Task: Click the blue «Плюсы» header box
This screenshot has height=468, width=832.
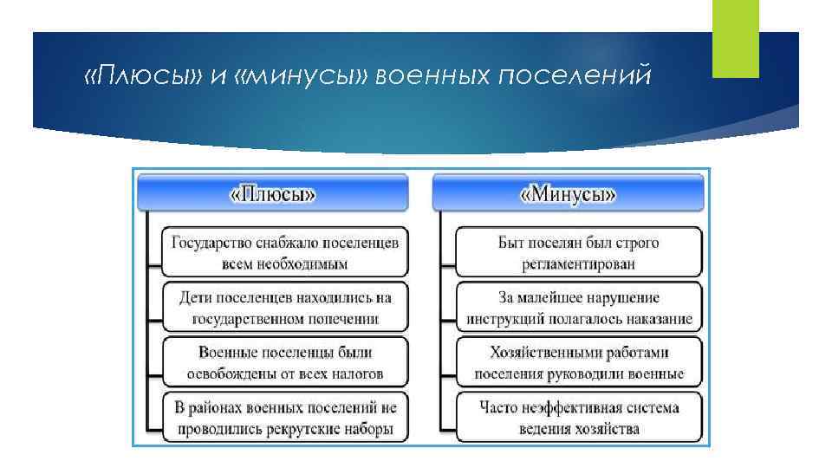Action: pyautogui.click(x=272, y=193)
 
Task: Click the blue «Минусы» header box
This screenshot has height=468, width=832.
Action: pyautogui.click(x=568, y=193)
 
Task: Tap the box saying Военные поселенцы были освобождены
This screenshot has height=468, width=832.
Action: pyautogui.click(x=285, y=363)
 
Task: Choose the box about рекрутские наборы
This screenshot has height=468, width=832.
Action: pyautogui.click(x=285, y=418)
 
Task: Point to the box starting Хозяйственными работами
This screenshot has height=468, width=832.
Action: pyautogui.click(x=579, y=363)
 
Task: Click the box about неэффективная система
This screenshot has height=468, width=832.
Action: pyautogui.click(x=579, y=418)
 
